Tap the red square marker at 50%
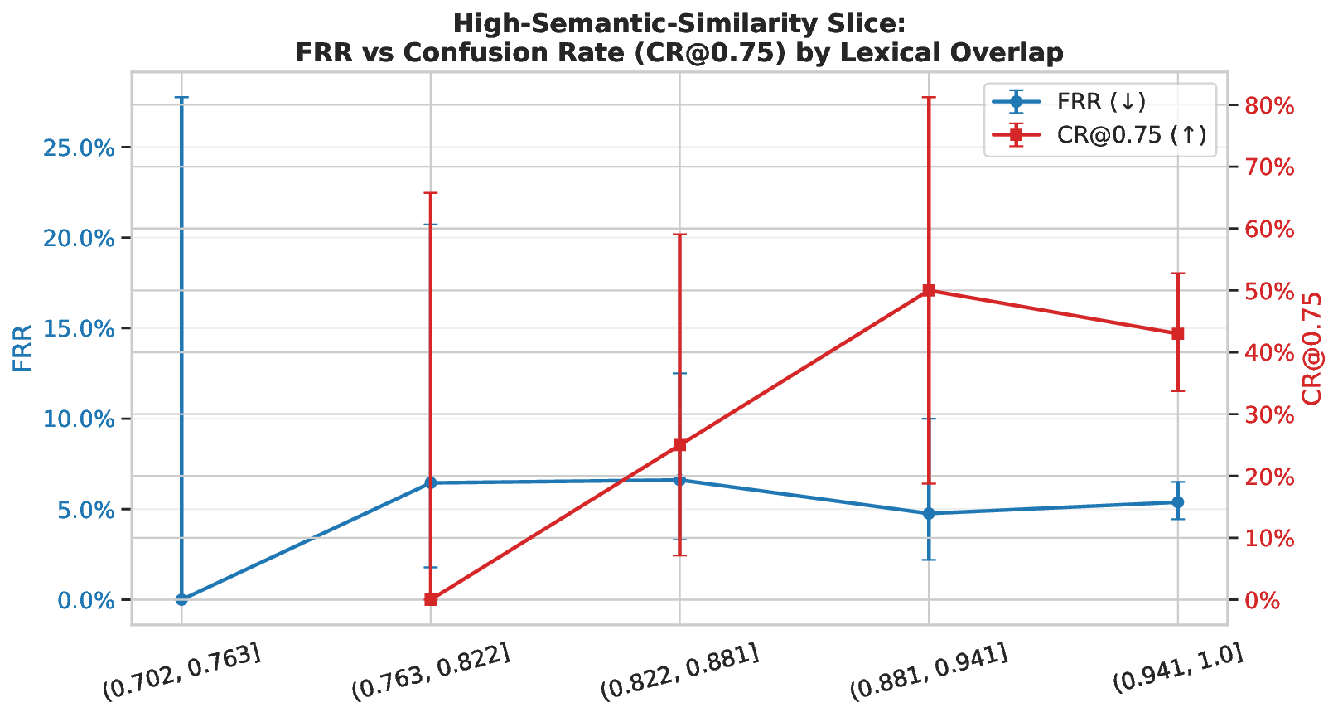[929, 290]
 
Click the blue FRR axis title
[23, 348]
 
